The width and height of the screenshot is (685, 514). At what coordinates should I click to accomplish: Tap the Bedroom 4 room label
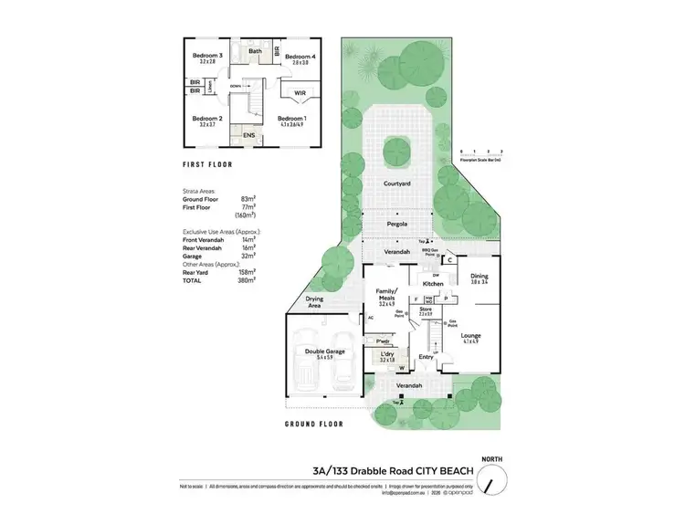pyautogui.click(x=300, y=58)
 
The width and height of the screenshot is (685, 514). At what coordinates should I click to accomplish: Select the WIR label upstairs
pyautogui.click(x=300, y=93)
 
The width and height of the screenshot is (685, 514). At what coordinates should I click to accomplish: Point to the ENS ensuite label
pyautogui.click(x=248, y=135)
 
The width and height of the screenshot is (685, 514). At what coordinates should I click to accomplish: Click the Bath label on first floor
pyautogui.click(x=256, y=51)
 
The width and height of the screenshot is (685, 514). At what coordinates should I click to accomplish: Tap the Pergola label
pyautogui.click(x=396, y=223)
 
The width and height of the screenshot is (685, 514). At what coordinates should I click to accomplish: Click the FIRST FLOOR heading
pyautogui.click(x=207, y=164)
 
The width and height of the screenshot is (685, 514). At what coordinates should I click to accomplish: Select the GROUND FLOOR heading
pyautogui.click(x=313, y=425)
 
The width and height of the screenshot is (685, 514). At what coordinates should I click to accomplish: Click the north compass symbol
pyautogui.click(x=494, y=477)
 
